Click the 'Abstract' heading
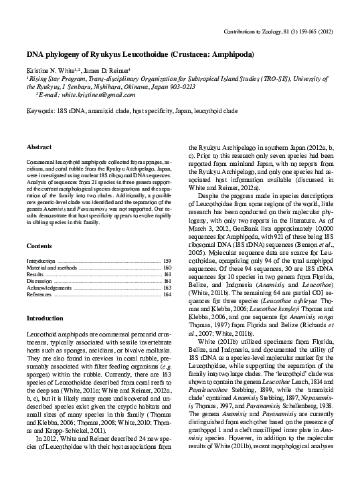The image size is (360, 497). (x=39, y=146)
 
